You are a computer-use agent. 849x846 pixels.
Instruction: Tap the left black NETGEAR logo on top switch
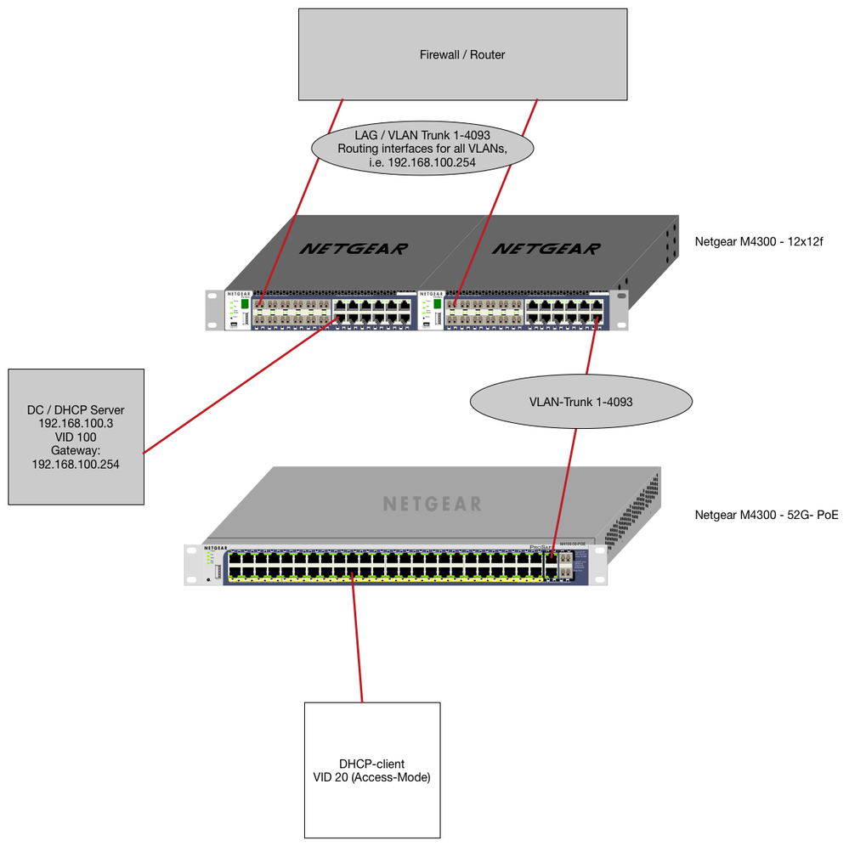point(354,248)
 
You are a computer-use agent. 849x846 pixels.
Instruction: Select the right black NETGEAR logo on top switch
point(546,248)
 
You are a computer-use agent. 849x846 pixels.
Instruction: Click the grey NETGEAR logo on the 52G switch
point(432,504)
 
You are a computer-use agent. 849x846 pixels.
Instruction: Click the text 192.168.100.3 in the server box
point(76,423)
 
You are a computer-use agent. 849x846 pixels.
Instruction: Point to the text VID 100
point(76,437)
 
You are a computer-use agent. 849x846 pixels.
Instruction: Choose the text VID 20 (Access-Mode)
point(372,776)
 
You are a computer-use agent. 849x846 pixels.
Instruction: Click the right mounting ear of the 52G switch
point(600,564)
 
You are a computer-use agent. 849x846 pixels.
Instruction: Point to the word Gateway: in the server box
point(76,450)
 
